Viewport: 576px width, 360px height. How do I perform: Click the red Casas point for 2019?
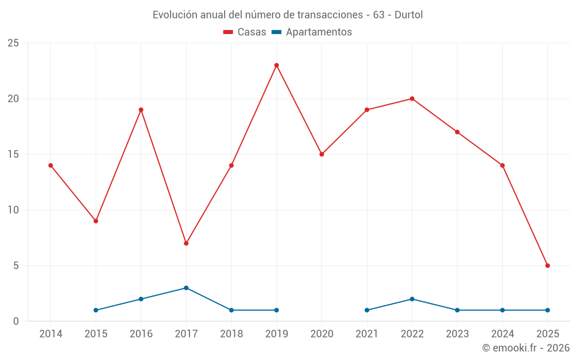276,65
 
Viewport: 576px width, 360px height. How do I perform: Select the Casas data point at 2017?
186,243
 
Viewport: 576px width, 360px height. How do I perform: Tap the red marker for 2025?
547,266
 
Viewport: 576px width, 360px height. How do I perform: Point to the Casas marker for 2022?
412,98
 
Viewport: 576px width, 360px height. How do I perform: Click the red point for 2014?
51,165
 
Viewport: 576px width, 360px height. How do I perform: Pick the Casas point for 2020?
321,154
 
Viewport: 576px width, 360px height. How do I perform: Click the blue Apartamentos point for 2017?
186,288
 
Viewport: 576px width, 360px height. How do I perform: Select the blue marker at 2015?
96,310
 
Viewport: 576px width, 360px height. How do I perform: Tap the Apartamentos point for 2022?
412,299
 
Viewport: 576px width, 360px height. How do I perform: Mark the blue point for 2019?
276,310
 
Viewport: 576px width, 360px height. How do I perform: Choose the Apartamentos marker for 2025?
547,310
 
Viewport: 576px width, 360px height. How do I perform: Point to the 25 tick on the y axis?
13,43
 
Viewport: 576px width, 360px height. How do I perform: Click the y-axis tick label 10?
13,210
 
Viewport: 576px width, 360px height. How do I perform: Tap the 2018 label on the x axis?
232,334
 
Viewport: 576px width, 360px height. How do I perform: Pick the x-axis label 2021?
367,334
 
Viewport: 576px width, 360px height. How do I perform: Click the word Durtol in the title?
408,15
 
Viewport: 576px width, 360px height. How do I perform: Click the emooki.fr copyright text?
526,348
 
